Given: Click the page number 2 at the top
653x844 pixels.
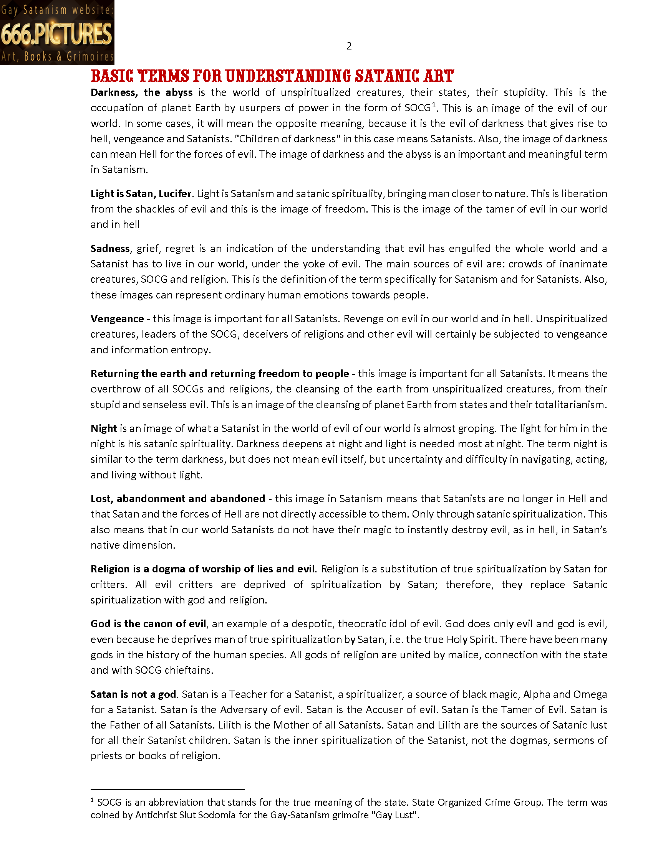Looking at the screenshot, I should coord(349,46).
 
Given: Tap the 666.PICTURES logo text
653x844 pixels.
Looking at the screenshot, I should coord(56,34).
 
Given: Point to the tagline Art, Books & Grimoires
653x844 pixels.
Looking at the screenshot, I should coord(57,57).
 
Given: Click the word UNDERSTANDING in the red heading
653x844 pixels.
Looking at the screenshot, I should coord(288,76).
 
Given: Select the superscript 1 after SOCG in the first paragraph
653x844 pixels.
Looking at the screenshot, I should coord(434,105).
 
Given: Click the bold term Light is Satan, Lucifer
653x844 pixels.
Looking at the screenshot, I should coord(141,194).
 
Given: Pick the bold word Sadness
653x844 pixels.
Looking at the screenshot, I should coord(110,249).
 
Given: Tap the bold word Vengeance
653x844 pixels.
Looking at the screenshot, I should coord(117,319).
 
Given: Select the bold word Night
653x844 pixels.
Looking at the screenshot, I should coord(104,429).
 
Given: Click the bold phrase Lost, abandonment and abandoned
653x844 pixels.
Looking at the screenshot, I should coord(177,499).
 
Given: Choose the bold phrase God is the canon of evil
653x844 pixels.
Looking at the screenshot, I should coord(148,624).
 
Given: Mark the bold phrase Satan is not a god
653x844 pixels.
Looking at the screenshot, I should coord(133,694).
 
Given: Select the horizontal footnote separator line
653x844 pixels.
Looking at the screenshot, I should coord(167,790).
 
